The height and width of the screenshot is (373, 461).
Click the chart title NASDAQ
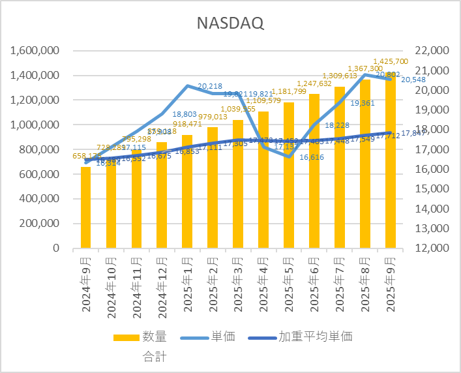(230, 23)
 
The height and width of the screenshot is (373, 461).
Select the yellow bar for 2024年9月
(86, 207)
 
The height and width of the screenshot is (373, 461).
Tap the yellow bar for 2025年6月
(314, 171)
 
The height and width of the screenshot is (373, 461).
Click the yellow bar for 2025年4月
(263, 180)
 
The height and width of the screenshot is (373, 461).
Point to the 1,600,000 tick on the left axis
(33, 51)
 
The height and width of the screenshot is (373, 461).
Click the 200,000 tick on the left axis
(38, 224)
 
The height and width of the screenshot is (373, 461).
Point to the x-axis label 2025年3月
(237, 284)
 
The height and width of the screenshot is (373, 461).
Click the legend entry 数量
(155, 337)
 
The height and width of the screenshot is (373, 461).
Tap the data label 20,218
(209, 86)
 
